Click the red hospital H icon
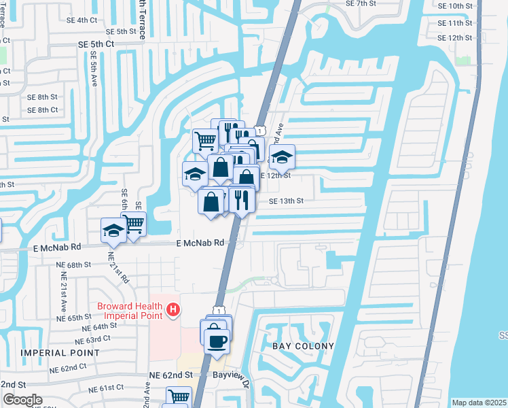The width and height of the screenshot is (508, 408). [173, 311]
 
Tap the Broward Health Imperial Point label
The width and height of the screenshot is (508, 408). [130, 310]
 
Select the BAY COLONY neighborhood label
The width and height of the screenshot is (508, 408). [304, 346]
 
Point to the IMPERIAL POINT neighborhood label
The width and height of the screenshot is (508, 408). [60, 353]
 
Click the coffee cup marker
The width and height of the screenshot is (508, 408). [217, 341]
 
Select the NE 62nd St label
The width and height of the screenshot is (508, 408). [170, 375]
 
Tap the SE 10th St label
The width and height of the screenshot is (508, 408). [455, 5]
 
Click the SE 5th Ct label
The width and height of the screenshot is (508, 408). [96, 44]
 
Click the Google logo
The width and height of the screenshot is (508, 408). [22, 400]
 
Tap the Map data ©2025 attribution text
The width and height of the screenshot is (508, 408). [479, 403]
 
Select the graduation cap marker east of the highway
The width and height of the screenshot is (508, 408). [282, 158]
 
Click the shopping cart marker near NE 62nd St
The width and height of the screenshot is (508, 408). [179, 396]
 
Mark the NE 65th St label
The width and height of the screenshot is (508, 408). [74, 318]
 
